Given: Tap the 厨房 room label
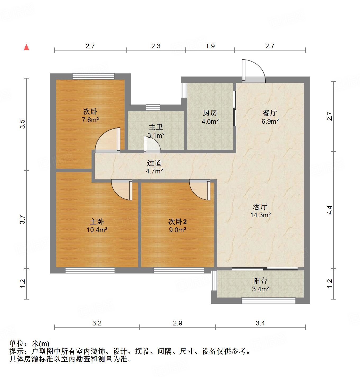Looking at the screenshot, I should click(x=210, y=113).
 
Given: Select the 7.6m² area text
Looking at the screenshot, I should click(x=90, y=120).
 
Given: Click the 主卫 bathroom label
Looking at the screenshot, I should click(x=156, y=127).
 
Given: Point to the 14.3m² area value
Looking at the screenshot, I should click(x=260, y=215).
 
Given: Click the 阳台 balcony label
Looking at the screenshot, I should click(x=260, y=281).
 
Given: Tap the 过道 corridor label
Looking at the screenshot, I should click(x=154, y=163).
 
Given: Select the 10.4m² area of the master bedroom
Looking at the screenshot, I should click(x=97, y=230).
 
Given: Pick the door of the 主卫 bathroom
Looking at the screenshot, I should click(x=152, y=145).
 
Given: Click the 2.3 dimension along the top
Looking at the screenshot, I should click(x=156, y=46).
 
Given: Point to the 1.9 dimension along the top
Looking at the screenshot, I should click(x=210, y=46).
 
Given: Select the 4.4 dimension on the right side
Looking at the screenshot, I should click(x=329, y=210).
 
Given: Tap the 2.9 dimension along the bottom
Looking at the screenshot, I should click(x=177, y=323).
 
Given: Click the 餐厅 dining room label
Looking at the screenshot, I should click(x=270, y=113).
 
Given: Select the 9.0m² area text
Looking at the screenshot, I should click(x=177, y=230).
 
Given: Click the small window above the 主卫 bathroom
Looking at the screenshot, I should click(x=153, y=107).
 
